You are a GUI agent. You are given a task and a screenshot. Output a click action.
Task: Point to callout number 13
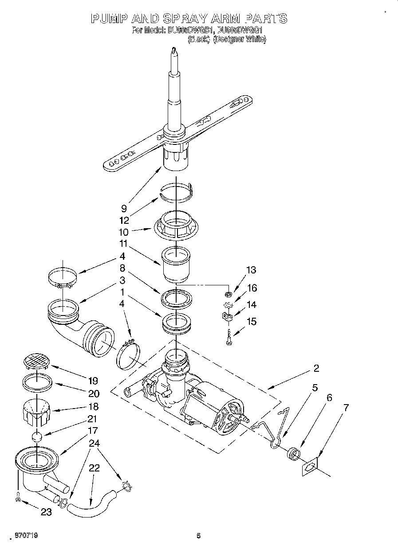[251, 270]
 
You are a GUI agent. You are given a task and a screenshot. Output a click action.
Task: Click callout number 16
[252, 288]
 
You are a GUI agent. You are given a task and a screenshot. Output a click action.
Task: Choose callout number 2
[316, 368]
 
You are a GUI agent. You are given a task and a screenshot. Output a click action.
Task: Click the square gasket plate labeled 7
[311, 467]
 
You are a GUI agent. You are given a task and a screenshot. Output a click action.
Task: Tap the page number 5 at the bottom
[199, 536]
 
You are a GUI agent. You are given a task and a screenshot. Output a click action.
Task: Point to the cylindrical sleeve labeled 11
[176, 265]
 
